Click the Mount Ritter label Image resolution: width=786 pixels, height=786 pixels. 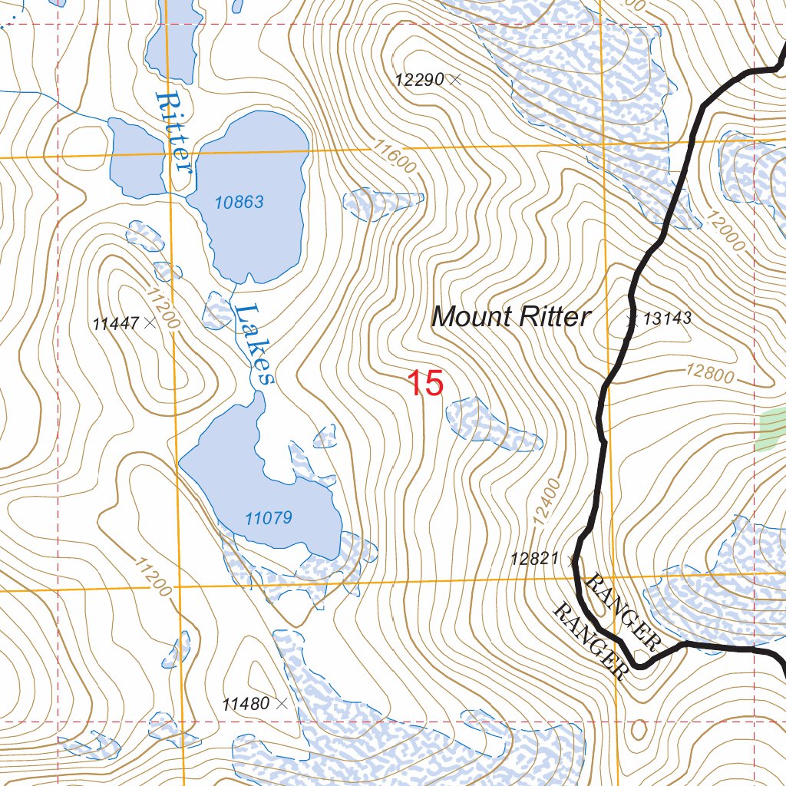coord(511,316)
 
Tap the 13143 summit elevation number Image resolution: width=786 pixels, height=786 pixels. coord(668,319)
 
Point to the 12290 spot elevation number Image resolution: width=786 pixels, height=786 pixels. coord(421,79)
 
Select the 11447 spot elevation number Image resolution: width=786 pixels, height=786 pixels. coord(115,324)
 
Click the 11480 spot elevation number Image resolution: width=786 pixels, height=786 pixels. coord(246,703)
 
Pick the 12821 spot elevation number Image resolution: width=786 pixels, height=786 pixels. coord(534,559)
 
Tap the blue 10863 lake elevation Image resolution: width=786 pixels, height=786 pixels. coord(239,203)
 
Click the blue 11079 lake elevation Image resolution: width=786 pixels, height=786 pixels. coord(269,518)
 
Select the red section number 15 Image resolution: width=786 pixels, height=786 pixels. coord(424,383)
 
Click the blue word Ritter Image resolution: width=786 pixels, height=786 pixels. coord(173,132)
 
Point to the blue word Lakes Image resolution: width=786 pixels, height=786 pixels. coord(253,344)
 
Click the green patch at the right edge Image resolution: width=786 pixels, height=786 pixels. coord(772,428)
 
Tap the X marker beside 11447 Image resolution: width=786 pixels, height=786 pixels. coord(150,323)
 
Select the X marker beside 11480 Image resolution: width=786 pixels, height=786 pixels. coord(282,703)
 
